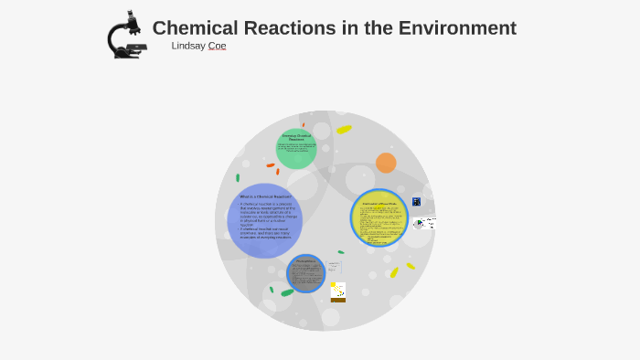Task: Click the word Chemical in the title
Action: point(194,28)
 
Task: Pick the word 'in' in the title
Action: point(347,28)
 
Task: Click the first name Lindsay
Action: point(189,46)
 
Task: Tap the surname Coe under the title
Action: point(218,46)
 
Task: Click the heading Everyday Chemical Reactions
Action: point(296,137)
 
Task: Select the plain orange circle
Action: point(386,163)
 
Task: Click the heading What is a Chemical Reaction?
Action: point(264,196)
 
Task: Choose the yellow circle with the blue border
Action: point(379,217)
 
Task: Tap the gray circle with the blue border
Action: point(306,273)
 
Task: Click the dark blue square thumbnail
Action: point(417,201)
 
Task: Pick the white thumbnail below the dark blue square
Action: point(425,222)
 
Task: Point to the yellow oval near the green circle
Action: point(344,130)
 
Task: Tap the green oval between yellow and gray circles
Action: point(341,252)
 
